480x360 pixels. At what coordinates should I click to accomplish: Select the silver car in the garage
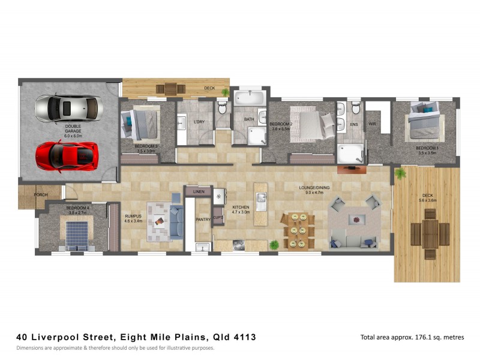(68, 108)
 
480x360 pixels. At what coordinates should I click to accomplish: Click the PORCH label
(41, 194)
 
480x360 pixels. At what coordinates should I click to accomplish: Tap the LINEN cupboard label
(199, 191)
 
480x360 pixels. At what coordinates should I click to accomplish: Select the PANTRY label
(203, 220)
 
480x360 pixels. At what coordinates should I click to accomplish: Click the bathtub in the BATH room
(247, 97)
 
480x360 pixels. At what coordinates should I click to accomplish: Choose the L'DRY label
(200, 122)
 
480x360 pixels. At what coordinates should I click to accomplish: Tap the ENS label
(354, 124)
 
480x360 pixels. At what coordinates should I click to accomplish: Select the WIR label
(372, 124)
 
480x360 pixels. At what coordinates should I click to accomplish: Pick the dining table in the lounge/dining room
(298, 229)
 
